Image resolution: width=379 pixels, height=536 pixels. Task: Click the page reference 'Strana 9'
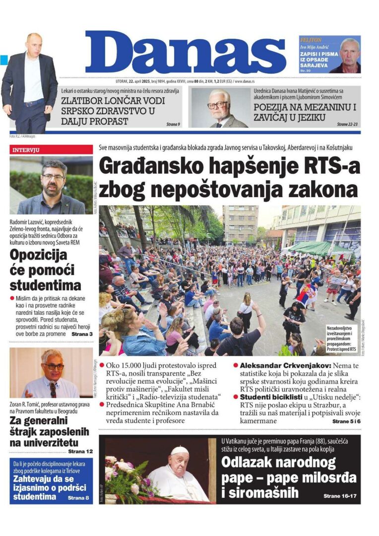172,124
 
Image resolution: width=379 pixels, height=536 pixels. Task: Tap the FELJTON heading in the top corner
311,40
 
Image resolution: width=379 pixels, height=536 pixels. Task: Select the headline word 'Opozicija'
39,255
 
